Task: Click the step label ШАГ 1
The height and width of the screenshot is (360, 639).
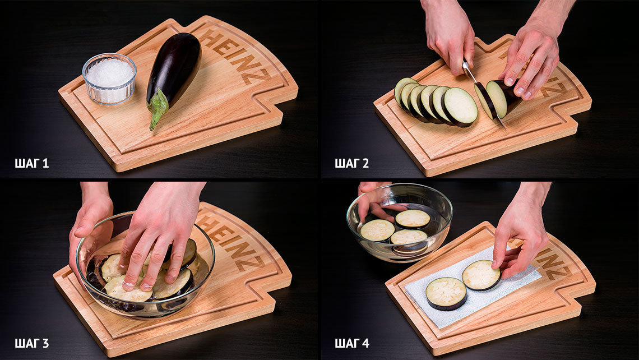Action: pyautogui.click(x=31, y=164)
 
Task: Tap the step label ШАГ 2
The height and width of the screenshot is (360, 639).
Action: pyautogui.click(x=351, y=164)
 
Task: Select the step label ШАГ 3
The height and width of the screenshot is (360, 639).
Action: pyautogui.click(x=31, y=343)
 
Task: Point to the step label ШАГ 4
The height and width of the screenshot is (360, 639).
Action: pyautogui.click(x=351, y=343)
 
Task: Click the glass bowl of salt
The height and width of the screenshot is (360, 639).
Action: pyautogui.click(x=109, y=79)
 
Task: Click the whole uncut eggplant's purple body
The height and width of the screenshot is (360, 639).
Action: pyautogui.click(x=175, y=68)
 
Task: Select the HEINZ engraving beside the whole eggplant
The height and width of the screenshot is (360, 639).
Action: pyautogui.click(x=235, y=57)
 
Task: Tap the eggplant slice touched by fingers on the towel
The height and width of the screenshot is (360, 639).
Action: pyautogui.click(x=481, y=275)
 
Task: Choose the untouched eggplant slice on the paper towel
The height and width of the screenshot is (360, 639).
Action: pyautogui.click(x=446, y=293)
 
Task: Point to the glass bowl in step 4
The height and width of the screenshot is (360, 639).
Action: pyautogui.click(x=399, y=222)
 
